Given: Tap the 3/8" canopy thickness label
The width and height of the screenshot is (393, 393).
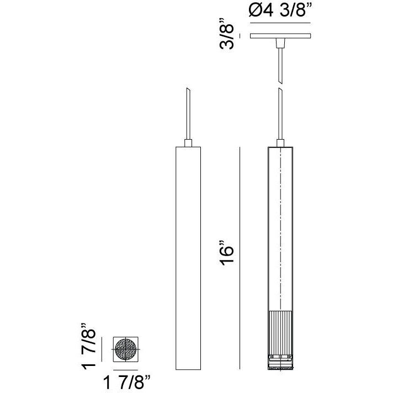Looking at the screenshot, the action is (x=226, y=34).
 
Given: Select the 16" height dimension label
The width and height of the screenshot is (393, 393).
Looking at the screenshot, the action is (x=226, y=253).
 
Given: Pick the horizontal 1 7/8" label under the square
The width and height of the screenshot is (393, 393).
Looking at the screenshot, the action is (x=127, y=382).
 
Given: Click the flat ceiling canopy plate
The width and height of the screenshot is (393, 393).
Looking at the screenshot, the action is (x=280, y=36).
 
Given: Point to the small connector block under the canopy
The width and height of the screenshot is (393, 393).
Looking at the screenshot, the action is (x=280, y=43).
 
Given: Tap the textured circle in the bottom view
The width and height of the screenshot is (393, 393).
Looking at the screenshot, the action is (x=125, y=349).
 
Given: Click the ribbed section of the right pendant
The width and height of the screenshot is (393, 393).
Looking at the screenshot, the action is (x=280, y=333).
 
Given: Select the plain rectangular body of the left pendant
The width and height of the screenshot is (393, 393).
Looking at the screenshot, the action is (x=188, y=258).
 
